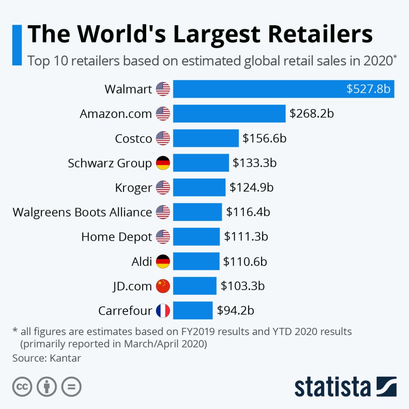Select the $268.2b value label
point(312,113)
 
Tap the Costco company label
point(133,138)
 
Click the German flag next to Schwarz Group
point(163,163)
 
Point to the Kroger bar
point(199,187)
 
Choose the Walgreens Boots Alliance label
point(82,212)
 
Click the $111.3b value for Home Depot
point(246,236)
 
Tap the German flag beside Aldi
point(163,262)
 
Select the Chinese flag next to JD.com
point(163,286)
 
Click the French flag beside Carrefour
point(163,311)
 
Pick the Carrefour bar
point(193,310)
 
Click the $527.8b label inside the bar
point(368,89)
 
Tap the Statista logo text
point(333,387)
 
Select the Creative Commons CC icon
point(22,387)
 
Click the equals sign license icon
point(71,387)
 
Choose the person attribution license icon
point(47,387)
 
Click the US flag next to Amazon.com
point(163,114)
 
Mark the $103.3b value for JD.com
point(242,286)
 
